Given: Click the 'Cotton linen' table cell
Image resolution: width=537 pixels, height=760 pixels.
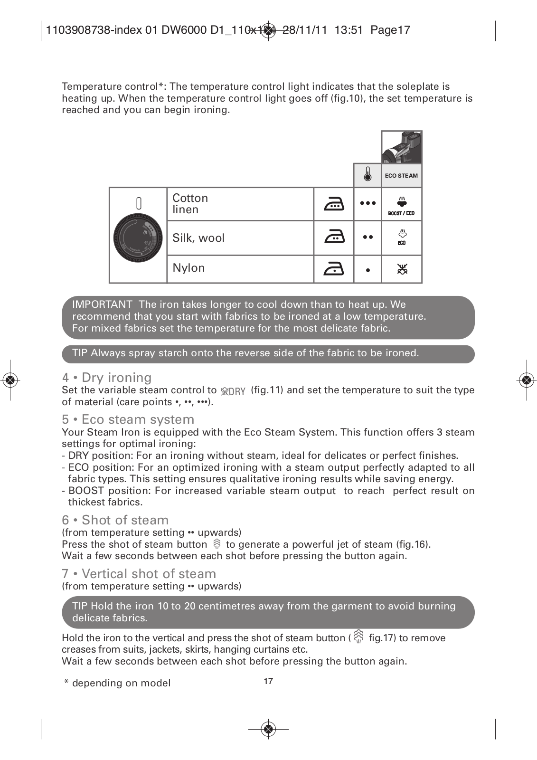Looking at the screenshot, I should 240,204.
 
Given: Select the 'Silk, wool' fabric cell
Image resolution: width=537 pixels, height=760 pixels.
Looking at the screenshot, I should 240,238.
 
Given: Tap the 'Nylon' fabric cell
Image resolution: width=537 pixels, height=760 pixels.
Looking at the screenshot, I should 240,268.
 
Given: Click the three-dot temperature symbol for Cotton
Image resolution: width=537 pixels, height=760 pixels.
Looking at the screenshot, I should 367,203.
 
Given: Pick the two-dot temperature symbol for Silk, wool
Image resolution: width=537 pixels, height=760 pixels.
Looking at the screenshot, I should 367,237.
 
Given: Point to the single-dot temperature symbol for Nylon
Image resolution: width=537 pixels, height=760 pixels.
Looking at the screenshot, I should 368,270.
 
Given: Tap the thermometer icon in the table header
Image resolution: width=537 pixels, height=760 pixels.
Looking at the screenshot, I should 367,175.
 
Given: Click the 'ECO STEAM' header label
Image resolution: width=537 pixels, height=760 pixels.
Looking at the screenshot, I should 401,176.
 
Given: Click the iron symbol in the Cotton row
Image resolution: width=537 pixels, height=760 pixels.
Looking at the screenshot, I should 334,204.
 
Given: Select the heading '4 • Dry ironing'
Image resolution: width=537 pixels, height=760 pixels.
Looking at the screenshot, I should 107,378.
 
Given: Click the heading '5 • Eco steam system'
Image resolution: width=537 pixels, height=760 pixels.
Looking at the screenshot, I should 128,419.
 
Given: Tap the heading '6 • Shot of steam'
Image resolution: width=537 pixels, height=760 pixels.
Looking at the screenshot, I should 115,520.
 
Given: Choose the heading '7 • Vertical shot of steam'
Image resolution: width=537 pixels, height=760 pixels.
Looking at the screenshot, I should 139,574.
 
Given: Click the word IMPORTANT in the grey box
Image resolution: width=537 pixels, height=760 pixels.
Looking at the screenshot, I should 102,304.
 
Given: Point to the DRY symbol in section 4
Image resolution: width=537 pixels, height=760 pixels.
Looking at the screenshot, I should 233,391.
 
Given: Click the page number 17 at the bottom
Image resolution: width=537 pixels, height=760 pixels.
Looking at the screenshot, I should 268,681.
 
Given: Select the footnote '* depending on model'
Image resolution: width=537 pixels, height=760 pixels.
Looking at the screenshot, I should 117,683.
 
